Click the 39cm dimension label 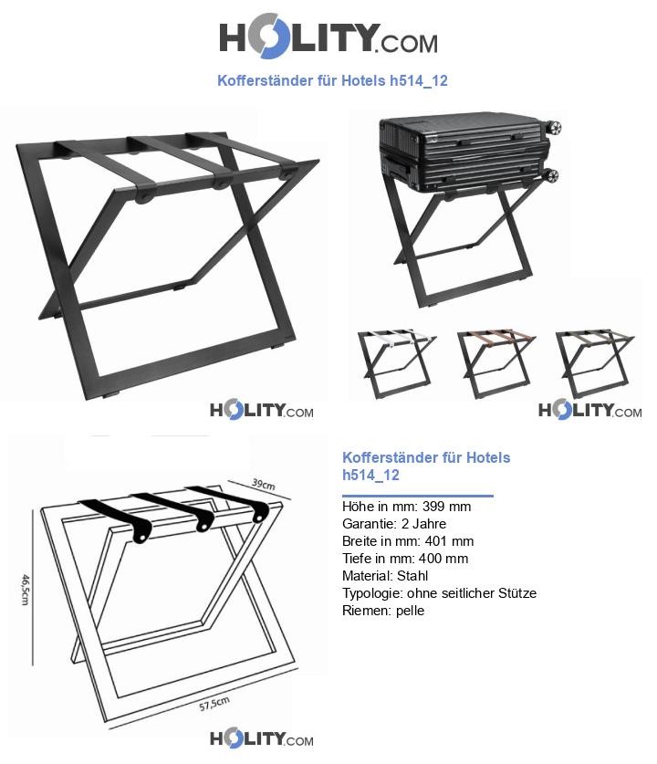264,484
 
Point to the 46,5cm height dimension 26,589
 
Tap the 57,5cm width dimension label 214,704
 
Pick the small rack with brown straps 496,363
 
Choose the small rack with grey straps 595,363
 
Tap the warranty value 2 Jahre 423,524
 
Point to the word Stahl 412,576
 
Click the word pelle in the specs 410,611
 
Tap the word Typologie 372,593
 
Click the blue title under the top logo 332,80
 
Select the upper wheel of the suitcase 554,128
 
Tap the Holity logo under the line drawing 262,739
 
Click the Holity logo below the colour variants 589,410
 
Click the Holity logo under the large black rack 262,411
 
